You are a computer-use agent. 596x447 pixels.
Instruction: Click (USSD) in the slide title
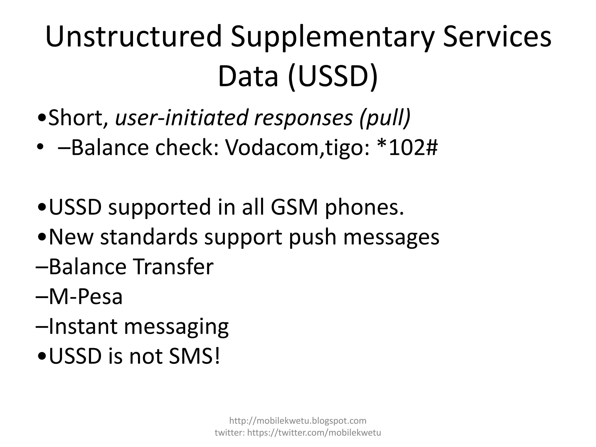333,77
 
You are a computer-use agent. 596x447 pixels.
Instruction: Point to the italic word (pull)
385,118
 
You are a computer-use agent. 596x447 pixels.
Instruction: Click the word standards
149,237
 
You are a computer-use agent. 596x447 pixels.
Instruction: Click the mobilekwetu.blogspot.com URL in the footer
298,421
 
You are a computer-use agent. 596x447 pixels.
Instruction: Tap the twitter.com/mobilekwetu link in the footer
314,433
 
